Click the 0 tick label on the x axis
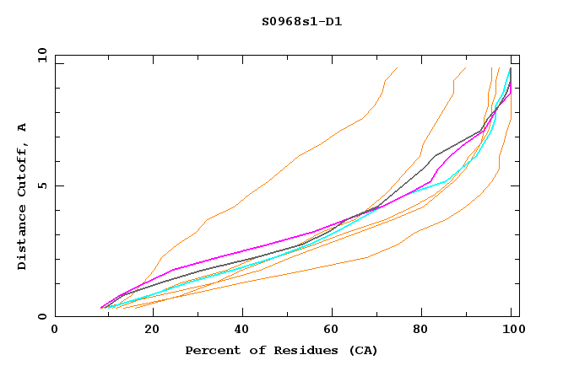click(55, 330)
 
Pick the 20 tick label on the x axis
click(146, 330)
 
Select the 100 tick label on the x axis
click(512, 330)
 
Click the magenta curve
click(253, 245)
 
